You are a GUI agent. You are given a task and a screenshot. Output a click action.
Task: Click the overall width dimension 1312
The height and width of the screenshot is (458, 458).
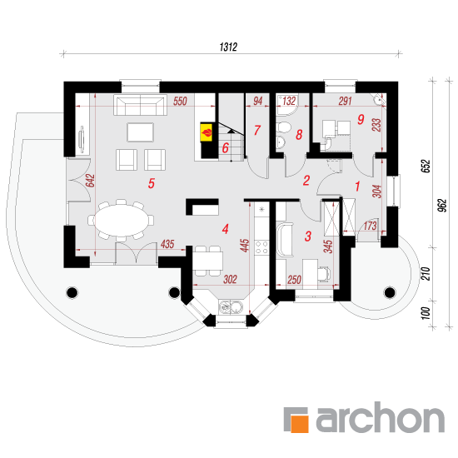[228, 47]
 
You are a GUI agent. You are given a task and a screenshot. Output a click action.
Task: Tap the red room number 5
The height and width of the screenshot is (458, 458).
[151, 183]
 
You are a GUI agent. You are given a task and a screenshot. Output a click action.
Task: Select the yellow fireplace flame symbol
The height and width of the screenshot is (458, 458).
[207, 132]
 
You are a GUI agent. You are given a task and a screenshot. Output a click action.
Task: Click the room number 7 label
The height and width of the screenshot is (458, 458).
[257, 130]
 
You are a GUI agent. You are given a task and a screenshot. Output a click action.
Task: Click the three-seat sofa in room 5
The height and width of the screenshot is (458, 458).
[140, 105]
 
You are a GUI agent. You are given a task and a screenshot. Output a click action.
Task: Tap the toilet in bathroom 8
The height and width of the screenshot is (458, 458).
[283, 127]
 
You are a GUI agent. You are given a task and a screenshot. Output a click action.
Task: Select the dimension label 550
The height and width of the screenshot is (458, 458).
[180, 101]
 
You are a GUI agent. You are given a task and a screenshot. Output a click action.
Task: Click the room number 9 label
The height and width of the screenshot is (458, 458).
[361, 119]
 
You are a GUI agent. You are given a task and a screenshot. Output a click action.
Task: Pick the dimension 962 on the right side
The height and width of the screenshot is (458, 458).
[443, 206]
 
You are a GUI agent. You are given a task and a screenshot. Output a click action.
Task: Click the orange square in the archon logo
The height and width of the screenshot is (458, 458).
[299, 423]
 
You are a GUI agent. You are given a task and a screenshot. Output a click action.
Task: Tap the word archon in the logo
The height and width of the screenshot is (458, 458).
[381, 417]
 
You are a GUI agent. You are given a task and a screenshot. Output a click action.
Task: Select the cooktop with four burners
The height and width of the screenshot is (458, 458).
[261, 247]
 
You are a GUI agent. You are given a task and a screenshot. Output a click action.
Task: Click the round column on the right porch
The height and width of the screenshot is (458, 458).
[390, 292]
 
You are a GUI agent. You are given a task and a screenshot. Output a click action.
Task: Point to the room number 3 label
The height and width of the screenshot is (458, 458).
[308, 236]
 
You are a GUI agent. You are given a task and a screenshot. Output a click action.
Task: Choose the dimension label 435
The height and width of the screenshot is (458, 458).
[167, 244]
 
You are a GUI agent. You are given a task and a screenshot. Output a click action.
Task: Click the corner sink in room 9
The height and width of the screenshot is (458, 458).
[379, 99]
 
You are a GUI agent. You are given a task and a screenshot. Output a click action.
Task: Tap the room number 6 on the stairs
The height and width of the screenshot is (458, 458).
[225, 147]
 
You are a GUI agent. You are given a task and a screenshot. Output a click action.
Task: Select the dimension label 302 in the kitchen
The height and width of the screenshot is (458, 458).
[230, 279]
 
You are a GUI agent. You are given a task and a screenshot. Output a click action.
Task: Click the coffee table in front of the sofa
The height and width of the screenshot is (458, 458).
[140, 132]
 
